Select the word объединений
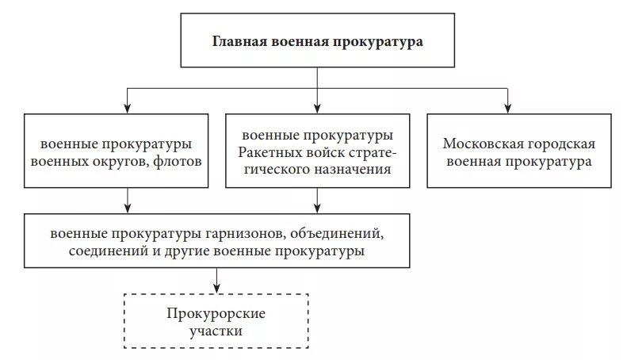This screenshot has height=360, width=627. [338, 235]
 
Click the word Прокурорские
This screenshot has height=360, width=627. [216, 312]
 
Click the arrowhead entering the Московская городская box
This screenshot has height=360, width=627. [507, 108]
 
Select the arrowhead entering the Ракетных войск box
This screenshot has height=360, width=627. [317, 108]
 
